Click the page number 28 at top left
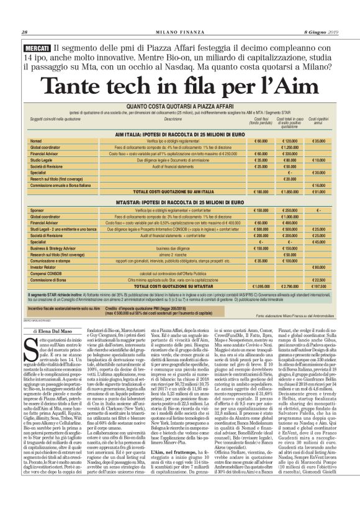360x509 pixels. coord(24,33)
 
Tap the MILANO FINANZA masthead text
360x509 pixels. coord(180,33)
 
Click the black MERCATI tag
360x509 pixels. coord(37,48)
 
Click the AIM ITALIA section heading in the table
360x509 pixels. coord(180,134)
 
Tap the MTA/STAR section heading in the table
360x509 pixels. coord(180,203)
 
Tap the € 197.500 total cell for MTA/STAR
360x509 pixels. coord(318,286)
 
